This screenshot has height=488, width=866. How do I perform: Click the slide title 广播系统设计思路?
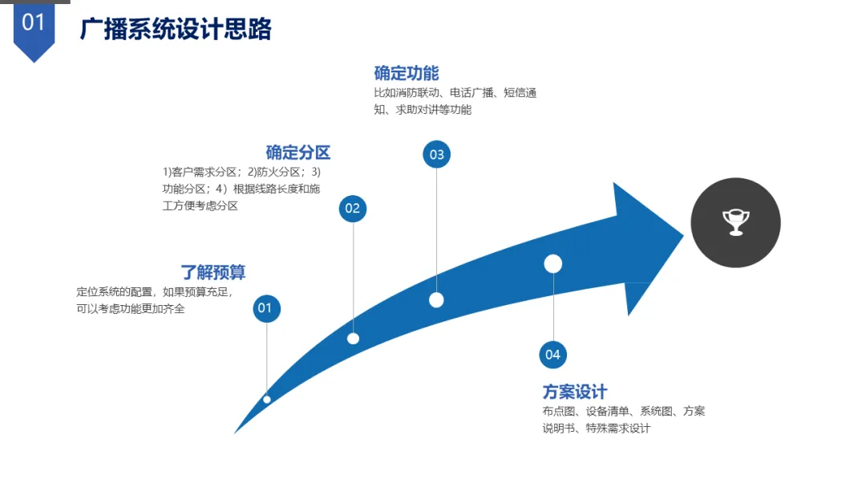[176, 29]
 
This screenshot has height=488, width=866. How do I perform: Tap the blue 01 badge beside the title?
[34, 24]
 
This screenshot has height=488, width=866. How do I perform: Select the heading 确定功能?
[406, 73]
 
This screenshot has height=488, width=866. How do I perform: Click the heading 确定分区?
[297, 152]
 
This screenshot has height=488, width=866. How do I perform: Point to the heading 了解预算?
[212, 272]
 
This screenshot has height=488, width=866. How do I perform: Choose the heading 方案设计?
[574, 392]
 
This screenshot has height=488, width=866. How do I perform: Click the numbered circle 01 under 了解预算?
[266, 308]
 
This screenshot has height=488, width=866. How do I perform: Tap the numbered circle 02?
[352, 209]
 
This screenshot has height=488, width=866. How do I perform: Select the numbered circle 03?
[436, 155]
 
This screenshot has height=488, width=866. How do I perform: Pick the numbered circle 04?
[552, 354]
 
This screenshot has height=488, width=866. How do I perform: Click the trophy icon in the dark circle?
[735, 222]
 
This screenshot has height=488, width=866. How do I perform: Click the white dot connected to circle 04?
[552, 263]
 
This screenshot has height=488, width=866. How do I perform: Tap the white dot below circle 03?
[436, 299]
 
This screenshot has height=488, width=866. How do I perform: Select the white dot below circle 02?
[353, 338]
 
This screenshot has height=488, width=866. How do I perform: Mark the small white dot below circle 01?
[267, 399]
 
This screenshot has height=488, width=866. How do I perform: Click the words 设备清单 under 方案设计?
[607, 411]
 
